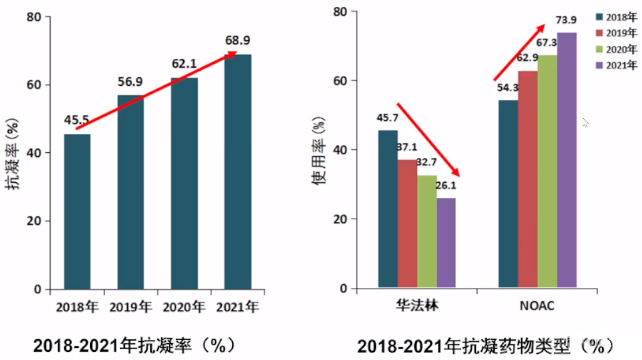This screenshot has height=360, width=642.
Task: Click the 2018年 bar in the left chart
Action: point(77,212)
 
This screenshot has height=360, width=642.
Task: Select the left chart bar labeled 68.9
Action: point(238,172)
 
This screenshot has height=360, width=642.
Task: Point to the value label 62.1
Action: point(185,64)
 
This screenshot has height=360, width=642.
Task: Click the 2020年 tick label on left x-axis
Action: point(184,307)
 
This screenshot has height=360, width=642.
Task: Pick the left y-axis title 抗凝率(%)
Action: point(14,154)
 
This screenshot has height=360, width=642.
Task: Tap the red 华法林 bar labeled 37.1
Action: point(407,224)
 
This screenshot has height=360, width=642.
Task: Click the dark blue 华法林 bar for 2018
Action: point(387,210)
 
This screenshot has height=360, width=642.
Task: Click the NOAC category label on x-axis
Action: point(537,307)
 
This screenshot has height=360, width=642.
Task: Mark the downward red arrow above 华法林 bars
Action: point(428,140)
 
